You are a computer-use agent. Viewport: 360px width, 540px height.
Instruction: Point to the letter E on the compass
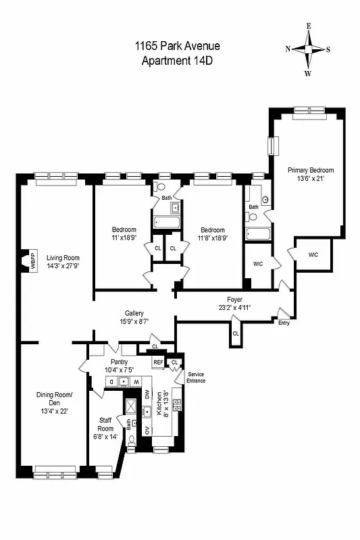pos(308,26)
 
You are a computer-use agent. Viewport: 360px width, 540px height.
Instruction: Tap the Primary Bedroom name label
pos(311,170)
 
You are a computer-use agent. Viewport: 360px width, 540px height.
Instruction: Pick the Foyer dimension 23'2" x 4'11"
pos(234,308)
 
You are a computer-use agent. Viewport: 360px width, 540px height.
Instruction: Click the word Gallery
pos(134,313)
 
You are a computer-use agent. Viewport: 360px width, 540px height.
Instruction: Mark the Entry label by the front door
pos(284,323)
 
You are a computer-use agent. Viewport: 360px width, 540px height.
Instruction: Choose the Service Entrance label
pos(197,377)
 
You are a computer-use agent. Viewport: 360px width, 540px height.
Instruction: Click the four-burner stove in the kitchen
pos(177,405)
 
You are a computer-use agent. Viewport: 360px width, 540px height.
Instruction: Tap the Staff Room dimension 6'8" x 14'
pos(105,436)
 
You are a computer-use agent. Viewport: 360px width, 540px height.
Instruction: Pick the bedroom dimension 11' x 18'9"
pos(124,238)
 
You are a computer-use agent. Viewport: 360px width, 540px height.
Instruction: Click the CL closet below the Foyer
pos(235,333)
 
